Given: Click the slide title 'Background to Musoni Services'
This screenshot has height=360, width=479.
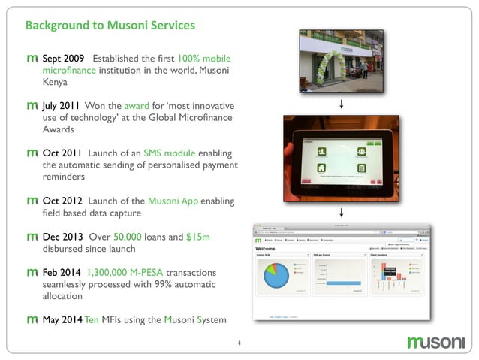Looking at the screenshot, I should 110,26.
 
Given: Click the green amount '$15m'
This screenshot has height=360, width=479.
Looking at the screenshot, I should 198,237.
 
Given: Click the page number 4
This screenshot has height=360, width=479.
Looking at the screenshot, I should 239,345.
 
